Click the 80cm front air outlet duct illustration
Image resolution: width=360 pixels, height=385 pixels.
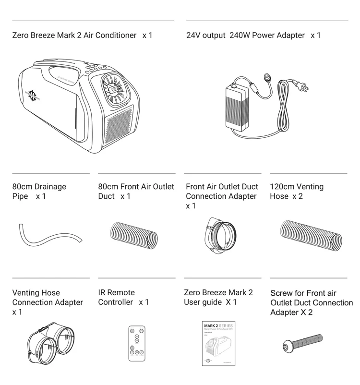coord(134,236)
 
